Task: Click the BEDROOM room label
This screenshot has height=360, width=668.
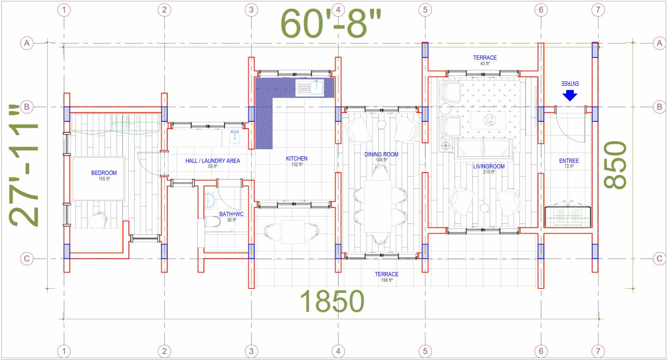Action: click(x=104, y=173)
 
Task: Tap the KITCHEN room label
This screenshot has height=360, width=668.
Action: click(x=297, y=159)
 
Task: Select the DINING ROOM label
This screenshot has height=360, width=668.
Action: click(x=381, y=155)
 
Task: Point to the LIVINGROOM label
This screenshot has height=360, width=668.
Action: click(x=489, y=166)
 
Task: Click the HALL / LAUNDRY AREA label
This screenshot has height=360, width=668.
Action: click(x=212, y=161)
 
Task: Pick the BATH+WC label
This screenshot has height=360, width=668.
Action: click(x=231, y=214)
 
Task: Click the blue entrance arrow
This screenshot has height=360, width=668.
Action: click(x=570, y=95)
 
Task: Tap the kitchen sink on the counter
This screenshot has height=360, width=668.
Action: click(x=310, y=87)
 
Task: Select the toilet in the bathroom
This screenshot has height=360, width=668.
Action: click(x=212, y=222)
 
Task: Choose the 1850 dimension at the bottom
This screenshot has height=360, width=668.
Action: click(x=332, y=302)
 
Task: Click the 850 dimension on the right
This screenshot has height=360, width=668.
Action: click(x=616, y=165)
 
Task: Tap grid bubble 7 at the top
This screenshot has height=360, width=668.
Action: click(x=598, y=10)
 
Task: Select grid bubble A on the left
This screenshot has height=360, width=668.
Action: click(x=27, y=43)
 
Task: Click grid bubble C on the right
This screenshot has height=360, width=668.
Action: click(x=659, y=259)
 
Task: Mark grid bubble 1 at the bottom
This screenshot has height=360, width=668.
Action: click(x=63, y=351)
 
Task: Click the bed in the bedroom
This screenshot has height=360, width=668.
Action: click(x=99, y=179)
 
